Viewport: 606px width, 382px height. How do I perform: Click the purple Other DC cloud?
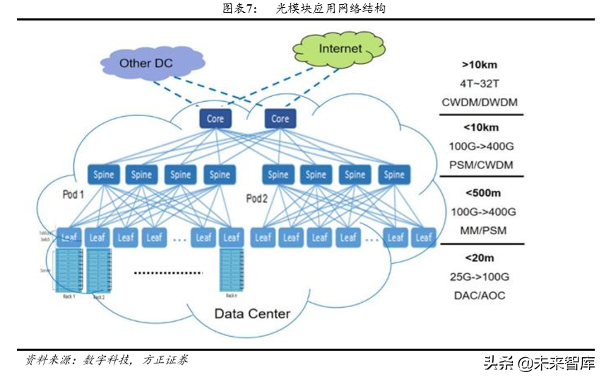pos(145,63)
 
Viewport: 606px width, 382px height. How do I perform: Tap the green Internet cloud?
pos(340,49)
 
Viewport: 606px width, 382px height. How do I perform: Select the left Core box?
pos(215,118)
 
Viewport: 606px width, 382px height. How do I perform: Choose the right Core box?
pos(280,118)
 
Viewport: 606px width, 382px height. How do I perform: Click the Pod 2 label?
pos(256,198)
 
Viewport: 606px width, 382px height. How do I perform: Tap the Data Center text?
pos(252,313)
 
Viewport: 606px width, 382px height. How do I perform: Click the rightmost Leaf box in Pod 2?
pos(424,238)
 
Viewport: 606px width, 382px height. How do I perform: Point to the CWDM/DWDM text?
pos(480,102)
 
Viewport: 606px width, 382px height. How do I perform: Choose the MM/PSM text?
pos(480,230)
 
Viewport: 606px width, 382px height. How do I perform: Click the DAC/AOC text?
pos(480,295)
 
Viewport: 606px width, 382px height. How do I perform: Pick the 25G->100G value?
pos(480,277)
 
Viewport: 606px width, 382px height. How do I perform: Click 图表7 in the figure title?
pos(242,8)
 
